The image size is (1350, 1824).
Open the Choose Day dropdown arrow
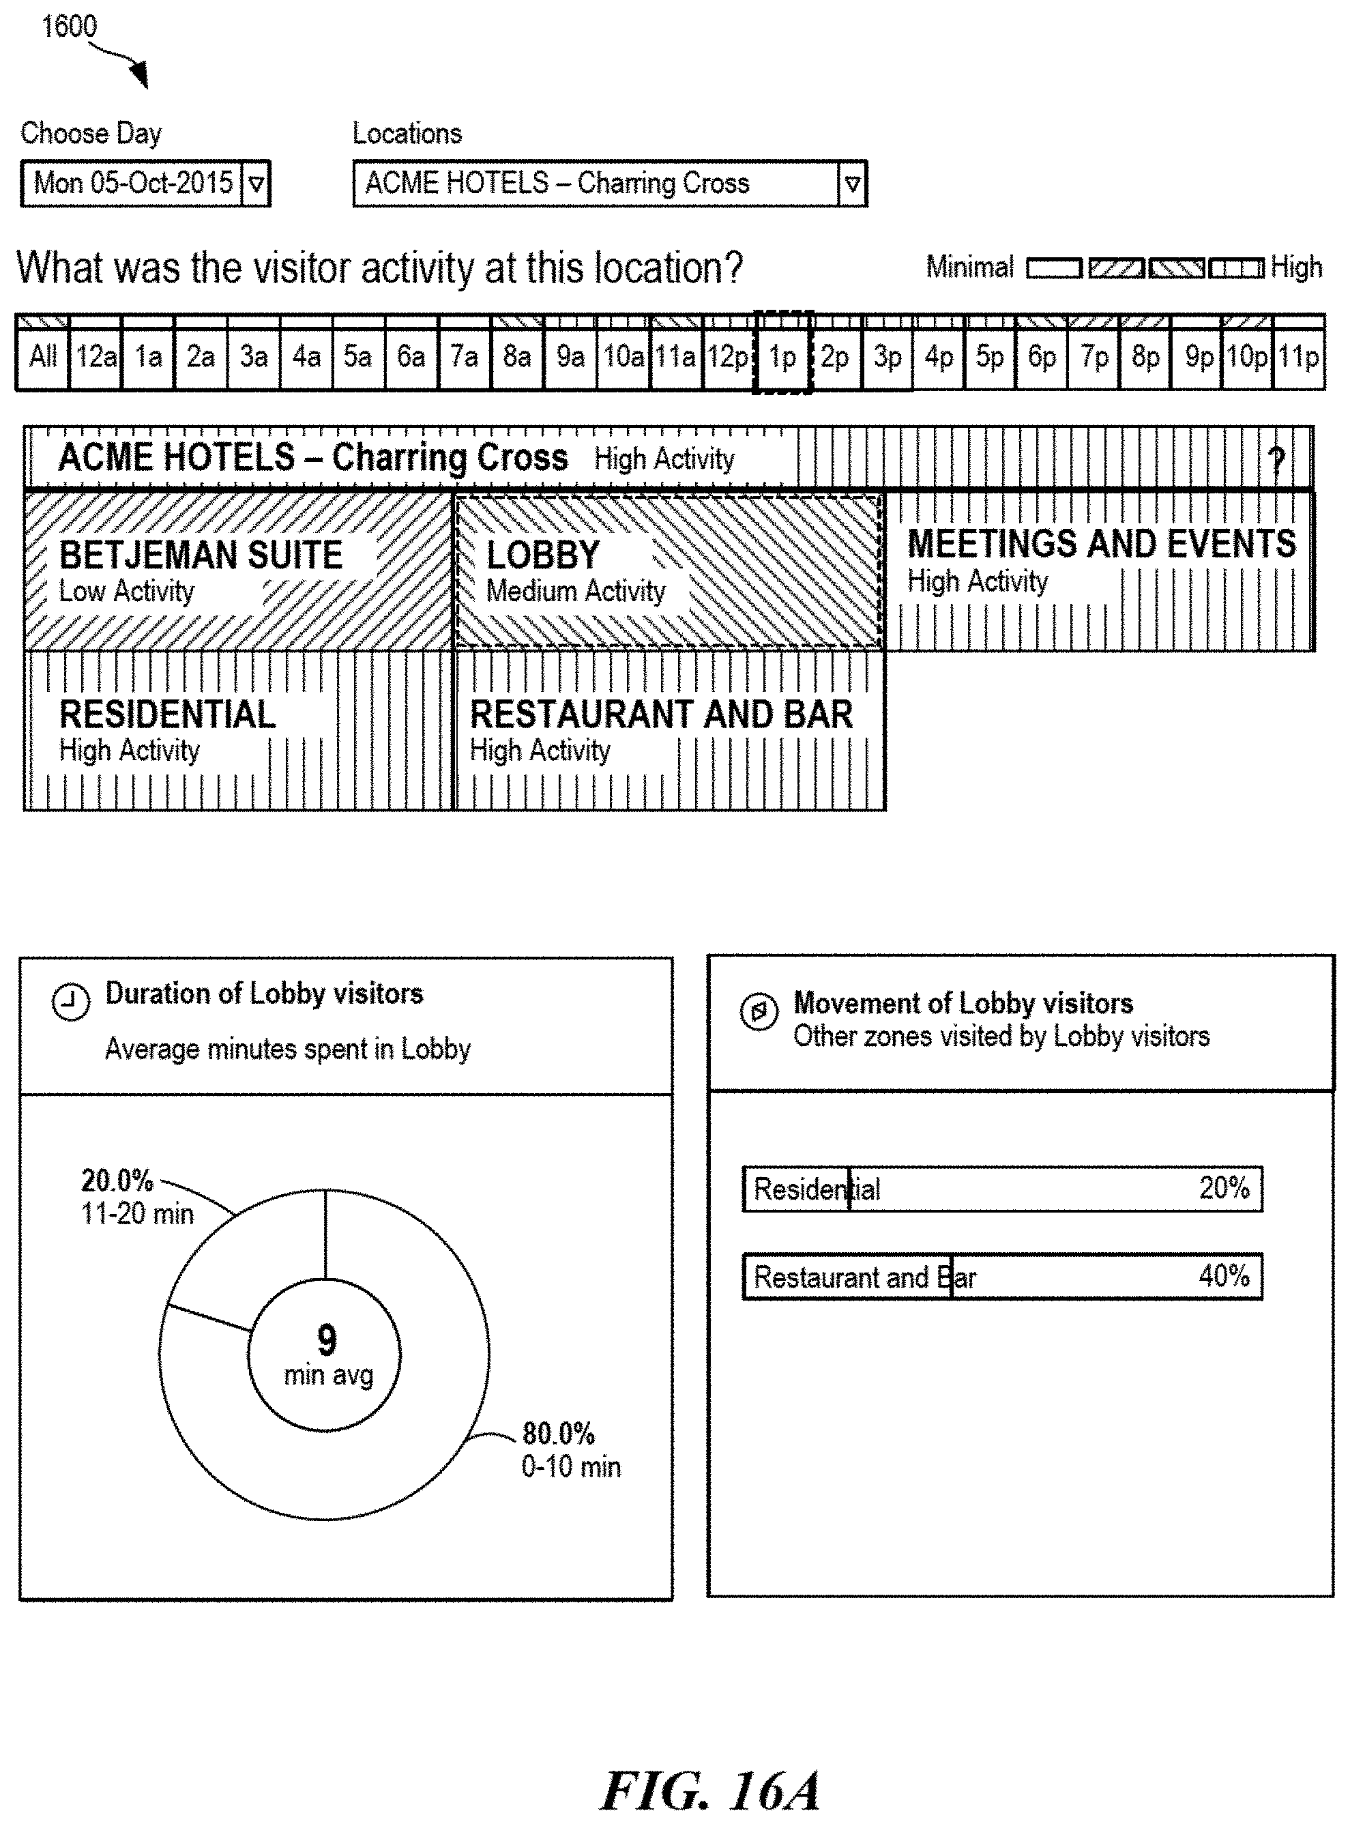tap(256, 184)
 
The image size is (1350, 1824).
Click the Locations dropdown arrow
tap(851, 184)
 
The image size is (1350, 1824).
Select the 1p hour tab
tap(782, 357)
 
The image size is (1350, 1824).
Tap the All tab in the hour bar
tap(42, 357)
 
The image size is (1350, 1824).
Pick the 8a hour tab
tap(516, 357)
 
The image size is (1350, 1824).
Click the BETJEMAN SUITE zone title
tap(201, 555)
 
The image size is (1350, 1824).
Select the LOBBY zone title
tap(542, 555)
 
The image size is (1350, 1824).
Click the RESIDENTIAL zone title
tap(168, 715)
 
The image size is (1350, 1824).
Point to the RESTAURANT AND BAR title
tap(661, 715)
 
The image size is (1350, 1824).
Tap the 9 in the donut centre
tap(326, 1340)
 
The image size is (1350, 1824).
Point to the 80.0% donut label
tap(558, 1434)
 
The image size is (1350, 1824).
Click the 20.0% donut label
tap(117, 1181)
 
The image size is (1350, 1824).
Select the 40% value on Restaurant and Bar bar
tap(1223, 1275)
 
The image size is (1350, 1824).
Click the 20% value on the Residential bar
tap(1223, 1188)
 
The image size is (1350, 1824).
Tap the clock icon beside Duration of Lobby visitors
tap(70, 1002)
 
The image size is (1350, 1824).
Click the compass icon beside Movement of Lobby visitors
tap(759, 1012)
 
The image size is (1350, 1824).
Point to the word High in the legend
tap(1296, 267)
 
